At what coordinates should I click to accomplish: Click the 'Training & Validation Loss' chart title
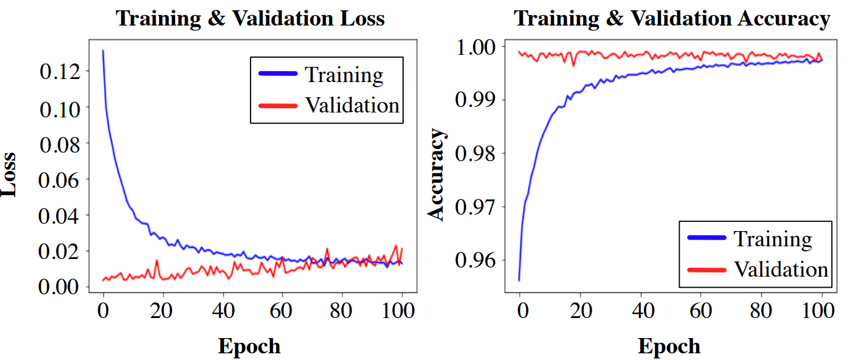coord(250,18)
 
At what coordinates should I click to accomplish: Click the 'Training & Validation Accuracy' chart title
coord(671,18)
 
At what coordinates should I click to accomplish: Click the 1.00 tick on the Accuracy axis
coord(476,47)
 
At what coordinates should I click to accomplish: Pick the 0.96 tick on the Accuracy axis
coord(476,260)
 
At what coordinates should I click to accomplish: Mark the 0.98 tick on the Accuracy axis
coord(476,153)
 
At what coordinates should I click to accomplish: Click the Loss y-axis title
coord(9,173)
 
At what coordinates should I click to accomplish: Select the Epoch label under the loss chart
coord(249,346)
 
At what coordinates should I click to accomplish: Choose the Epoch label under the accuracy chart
coord(669,346)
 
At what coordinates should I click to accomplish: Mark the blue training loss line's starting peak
coord(103,50)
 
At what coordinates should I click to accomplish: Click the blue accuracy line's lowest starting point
coord(519,280)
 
